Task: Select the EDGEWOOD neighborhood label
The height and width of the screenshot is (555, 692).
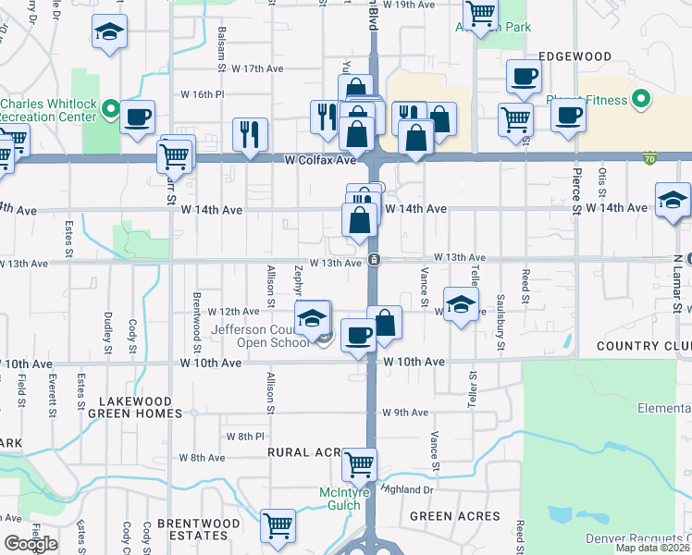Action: coord(576,56)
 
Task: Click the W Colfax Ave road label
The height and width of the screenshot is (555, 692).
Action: coord(320,160)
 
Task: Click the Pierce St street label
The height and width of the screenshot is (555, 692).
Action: coord(575,184)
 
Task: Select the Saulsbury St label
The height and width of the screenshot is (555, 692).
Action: coord(500,327)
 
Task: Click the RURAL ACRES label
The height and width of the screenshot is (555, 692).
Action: coord(305,451)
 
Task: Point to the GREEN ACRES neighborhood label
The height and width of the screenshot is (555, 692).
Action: coord(454,516)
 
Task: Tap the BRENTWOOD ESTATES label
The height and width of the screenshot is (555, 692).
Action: coord(192,529)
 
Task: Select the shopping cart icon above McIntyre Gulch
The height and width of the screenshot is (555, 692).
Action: coord(358,462)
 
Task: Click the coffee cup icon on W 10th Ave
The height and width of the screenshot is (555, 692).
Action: coord(358,334)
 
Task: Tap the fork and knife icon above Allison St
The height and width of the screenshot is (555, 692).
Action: coord(249,133)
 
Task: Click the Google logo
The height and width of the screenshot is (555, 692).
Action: coord(31,544)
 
